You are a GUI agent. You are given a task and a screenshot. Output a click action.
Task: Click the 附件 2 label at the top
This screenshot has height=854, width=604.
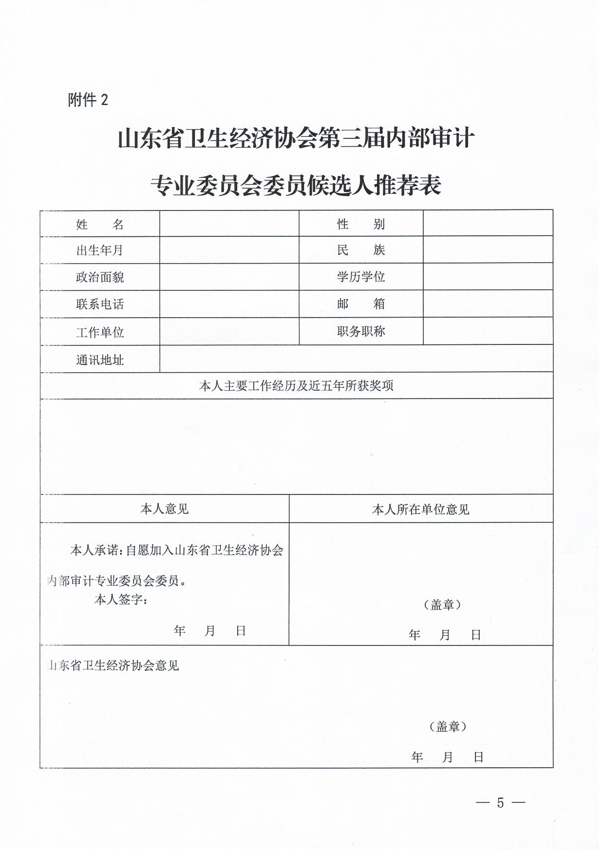point(88,100)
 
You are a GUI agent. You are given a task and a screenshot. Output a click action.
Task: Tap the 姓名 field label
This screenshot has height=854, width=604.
point(100,225)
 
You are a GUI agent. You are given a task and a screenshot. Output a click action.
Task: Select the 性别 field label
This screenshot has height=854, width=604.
point(361,224)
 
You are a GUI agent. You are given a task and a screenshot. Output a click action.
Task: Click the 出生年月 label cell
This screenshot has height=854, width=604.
point(100,250)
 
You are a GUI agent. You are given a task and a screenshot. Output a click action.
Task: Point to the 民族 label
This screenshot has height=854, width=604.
point(361,250)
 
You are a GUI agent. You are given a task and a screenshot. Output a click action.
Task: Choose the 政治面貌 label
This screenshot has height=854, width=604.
point(100,277)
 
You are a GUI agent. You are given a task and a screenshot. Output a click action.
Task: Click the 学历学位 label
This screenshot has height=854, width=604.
point(361,277)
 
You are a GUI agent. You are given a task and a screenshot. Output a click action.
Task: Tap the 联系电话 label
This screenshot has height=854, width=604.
point(100,304)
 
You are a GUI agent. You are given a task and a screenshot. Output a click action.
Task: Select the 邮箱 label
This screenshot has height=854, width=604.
point(361,304)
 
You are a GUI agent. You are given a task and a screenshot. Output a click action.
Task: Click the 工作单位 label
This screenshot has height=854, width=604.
point(100,332)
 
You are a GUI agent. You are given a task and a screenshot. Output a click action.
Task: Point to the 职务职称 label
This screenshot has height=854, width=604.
point(361,331)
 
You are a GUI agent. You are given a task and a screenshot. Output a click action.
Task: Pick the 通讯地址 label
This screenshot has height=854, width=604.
point(100,360)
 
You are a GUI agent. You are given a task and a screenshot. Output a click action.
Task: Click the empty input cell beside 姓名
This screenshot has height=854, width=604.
point(229,224)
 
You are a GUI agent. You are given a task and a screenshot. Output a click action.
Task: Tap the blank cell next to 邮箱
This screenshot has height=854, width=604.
point(488,304)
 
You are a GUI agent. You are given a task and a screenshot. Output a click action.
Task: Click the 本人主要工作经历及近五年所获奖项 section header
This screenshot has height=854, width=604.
point(296,386)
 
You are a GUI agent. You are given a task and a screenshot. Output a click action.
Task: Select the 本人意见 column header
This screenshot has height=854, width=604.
point(165,509)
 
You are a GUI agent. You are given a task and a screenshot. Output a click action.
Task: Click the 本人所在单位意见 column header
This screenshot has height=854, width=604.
point(421,510)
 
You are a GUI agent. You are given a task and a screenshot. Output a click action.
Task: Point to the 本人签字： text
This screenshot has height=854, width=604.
point(121,600)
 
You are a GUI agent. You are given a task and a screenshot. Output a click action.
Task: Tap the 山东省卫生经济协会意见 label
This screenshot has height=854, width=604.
point(113,665)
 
